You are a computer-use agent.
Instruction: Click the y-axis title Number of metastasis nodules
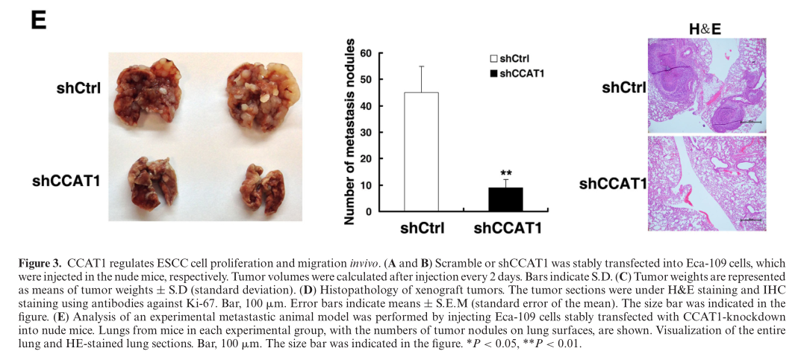click(347, 133)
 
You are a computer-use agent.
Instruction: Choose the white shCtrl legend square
click(493, 58)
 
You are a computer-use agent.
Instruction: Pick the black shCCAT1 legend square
click(493, 73)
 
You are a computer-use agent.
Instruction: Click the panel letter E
click(38, 20)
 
